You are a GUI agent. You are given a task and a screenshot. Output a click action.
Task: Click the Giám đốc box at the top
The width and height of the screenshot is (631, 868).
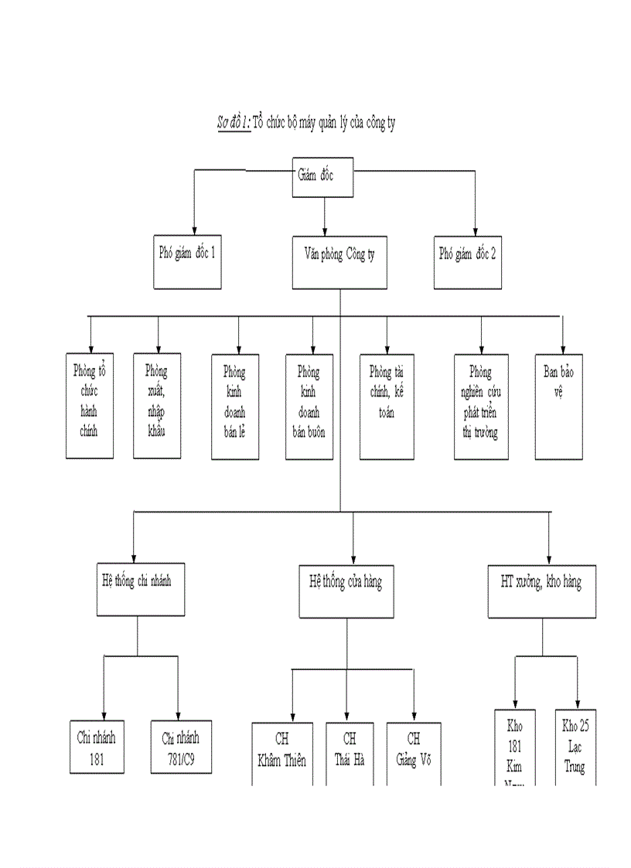[x=324, y=175]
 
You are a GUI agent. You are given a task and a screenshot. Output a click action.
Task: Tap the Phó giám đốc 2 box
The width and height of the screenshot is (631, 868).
[x=468, y=260]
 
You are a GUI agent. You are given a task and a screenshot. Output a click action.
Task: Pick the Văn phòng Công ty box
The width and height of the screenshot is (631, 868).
[x=339, y=262]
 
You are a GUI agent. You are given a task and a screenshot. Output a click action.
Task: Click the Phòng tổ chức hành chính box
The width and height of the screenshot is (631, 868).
[x=90, y=405]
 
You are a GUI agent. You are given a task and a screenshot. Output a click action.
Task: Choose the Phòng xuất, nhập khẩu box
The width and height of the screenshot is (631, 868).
[x=158, y=405]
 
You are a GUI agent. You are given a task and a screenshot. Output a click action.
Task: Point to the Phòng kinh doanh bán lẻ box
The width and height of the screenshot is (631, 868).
[x=236, y=407]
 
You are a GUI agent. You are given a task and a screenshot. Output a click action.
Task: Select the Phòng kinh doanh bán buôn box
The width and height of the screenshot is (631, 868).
[x=309, y=407]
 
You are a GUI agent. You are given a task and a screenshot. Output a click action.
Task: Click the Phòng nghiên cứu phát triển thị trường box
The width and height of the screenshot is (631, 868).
[x=482, y=407]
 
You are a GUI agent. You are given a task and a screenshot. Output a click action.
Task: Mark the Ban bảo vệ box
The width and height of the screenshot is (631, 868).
[x=558, y=407]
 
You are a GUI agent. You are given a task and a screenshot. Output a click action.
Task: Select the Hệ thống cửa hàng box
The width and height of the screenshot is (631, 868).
[x=341, y=591]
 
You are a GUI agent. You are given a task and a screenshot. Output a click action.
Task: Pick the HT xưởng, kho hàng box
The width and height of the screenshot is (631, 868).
[x=542, y=591]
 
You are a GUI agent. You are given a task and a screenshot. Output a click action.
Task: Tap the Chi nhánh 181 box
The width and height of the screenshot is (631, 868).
[x=96, y=747]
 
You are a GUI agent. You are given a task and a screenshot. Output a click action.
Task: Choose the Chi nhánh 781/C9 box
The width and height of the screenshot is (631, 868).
[x=180, y=747]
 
